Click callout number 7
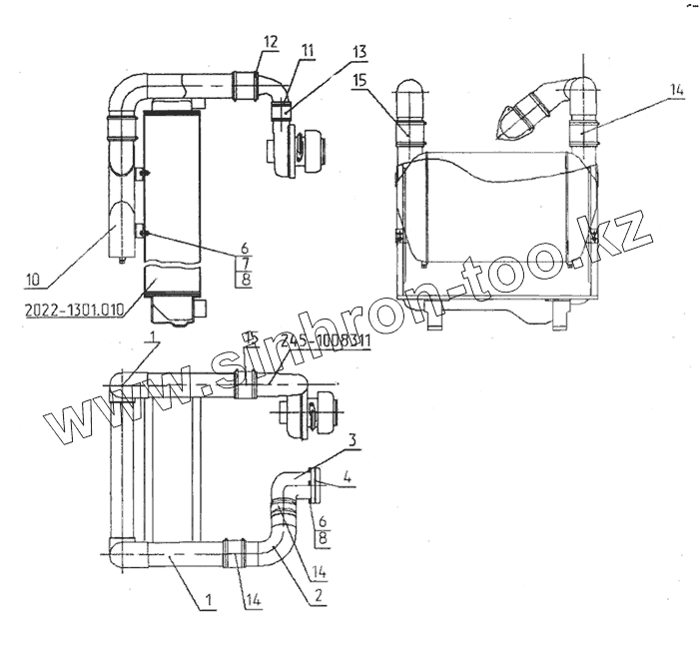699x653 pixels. (244, 262)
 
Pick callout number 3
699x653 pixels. (353, 439)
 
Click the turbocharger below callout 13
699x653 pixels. (302, 151)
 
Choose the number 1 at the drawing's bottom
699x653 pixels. (209, 600)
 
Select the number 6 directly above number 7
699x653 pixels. (244, 246)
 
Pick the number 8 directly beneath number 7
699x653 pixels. (244, 279)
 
